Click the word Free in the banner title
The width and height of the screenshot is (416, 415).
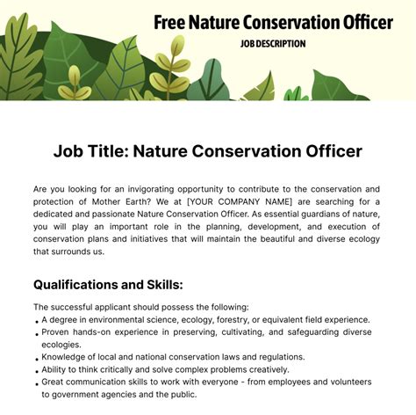[x=169, y=23]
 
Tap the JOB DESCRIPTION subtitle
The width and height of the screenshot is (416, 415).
[x=273, y=44]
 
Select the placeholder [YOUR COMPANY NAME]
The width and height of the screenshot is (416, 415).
[x=240, y=201]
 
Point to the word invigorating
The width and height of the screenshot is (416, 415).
[x=151, y=190]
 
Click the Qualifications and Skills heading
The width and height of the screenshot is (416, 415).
[x=108, y=285]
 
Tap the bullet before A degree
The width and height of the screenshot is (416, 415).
[x=37, y=322]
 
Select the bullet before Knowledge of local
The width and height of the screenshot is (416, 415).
[x=37, y=360]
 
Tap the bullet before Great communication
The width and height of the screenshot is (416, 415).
[x=37, y=384]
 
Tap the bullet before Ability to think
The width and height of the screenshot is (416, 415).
[x=37, y=372]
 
